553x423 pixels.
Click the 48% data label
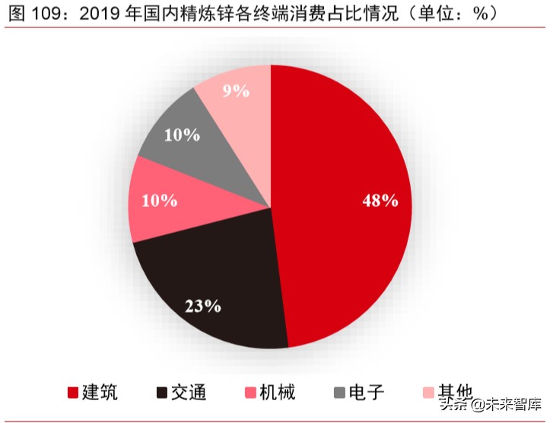click(380, 201)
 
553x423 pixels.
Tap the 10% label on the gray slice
click(182, 135)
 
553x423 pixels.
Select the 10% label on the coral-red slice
click(159, 201)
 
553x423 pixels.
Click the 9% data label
click(236, 91)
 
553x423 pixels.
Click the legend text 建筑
click(100, 393)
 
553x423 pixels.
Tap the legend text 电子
click(367, 393)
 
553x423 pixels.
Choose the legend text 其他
click(454, 393)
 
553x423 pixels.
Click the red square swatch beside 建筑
click(73, 393)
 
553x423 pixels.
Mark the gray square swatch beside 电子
click(339, 393)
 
